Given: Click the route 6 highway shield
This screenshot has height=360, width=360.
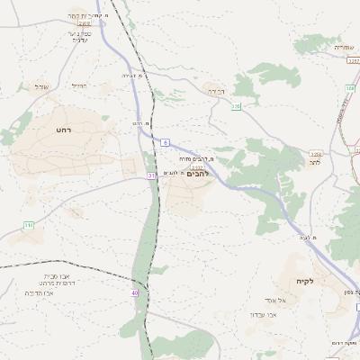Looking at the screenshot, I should (166, 142).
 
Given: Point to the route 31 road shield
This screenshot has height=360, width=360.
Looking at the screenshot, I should (152, 175).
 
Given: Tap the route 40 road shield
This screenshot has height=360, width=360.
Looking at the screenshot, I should (134, 292).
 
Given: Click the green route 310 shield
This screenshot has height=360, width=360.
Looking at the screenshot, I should (28, 224).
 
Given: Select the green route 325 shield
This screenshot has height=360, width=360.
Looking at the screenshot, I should (236, 106).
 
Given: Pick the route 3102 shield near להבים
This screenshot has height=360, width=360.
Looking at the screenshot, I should (197, 166).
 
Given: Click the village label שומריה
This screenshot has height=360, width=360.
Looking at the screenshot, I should (346, 47).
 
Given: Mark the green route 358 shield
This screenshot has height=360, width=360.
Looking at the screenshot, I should (349, 88).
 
